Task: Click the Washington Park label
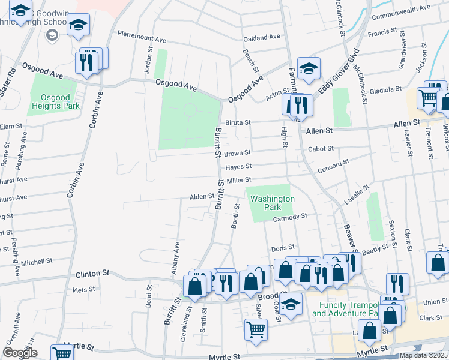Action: pos(272,203)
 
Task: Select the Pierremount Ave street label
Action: pos(142,36)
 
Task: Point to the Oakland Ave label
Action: pos(262,37)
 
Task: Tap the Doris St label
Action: pos(283,247)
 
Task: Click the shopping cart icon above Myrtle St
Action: pos(256,329)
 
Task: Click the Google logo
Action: pos(20,353)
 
